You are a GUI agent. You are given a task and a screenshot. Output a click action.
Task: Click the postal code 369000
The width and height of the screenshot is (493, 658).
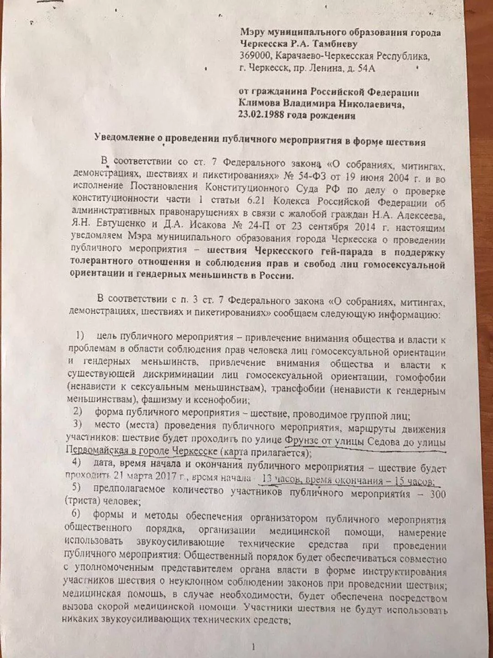pyautogui.click(x=253, y=56)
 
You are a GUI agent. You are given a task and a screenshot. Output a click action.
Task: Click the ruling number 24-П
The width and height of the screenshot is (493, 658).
pyautogui.click(x=273, y=226)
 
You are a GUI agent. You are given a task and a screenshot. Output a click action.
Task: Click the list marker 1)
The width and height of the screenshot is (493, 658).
pyautogui.click(x=81, y=335)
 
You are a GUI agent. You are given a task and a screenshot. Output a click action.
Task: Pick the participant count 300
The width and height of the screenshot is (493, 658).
pyautogui.click(x=438, y=494)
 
